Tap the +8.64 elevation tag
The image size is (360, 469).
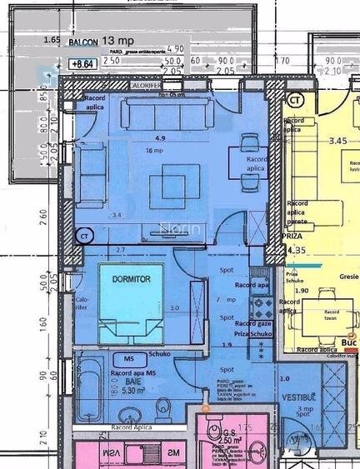tap(82, 63)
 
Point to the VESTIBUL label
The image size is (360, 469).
tap(297, 397)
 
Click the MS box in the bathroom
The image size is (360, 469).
tap(129, 358)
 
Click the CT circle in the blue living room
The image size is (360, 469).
tap(84, 237)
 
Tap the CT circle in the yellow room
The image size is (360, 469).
tap(293, 100)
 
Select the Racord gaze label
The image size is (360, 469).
tap(253, 322)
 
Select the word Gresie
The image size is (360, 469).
tap(348, 277)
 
